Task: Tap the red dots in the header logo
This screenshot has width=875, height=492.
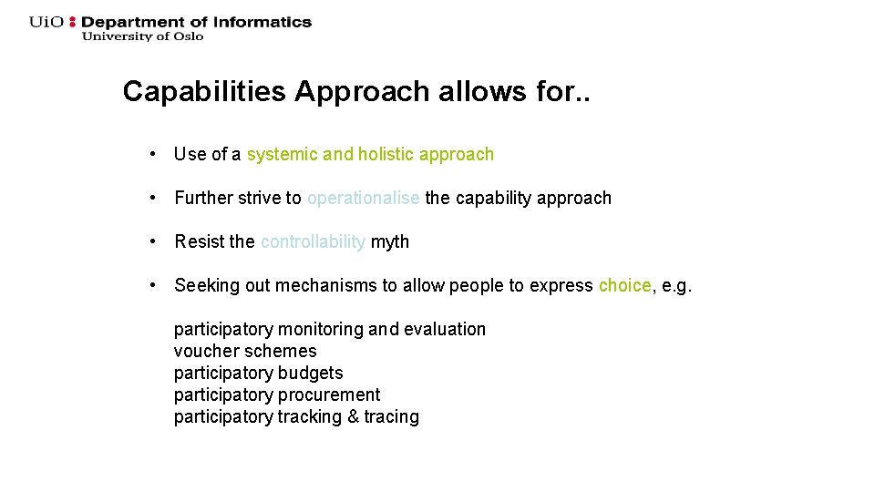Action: coord(74,22)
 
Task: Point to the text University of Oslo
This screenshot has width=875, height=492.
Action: coord(142,36)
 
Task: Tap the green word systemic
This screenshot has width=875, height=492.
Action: coord(282,154)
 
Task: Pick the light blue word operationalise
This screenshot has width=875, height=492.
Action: coord(364,198)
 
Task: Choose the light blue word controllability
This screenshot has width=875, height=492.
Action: coord(313,241)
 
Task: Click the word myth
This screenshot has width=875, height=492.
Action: coord(390,241)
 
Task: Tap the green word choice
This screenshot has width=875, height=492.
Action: coord(624,285)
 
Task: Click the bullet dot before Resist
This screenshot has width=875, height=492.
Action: coord(158,241)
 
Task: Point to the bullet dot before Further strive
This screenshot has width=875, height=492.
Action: coord(158,198)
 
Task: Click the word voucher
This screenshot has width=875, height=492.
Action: coord(202,351)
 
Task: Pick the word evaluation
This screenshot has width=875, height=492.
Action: coord(445,329)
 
